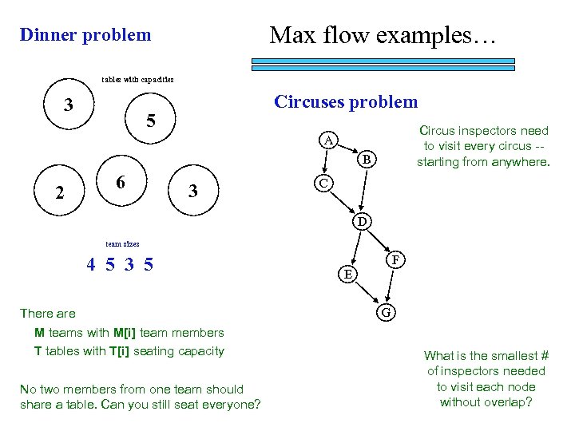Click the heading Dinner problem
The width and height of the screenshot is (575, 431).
click(85, 35)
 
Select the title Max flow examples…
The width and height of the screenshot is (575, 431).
click(383, 35)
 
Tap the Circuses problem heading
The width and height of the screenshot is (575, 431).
click(345, 102)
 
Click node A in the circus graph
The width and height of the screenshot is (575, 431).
click(327, 141)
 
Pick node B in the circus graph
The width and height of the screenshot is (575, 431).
click(366, 160)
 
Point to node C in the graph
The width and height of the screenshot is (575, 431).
click(321, 183)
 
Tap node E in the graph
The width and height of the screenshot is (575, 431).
click(347, 275)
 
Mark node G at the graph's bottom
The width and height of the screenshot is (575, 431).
click(385, 312)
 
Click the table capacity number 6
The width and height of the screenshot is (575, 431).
click(120, 183)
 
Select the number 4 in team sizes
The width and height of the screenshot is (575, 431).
click(91, 264)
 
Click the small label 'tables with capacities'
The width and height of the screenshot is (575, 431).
click(137, 79)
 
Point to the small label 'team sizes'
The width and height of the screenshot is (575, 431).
click(121, 243)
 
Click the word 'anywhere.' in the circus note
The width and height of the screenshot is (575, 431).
click(522, 162)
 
